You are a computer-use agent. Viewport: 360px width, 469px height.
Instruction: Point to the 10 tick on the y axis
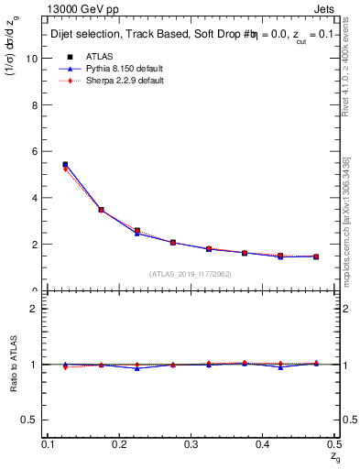(34, 58)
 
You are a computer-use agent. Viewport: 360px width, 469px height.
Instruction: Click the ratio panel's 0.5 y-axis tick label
(32, 420)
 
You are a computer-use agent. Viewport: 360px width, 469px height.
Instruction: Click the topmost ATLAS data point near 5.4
(65, 165)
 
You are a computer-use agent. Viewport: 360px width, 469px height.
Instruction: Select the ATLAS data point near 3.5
(101, 210)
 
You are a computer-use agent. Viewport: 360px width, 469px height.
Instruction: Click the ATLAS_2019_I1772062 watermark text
(191, 273)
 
